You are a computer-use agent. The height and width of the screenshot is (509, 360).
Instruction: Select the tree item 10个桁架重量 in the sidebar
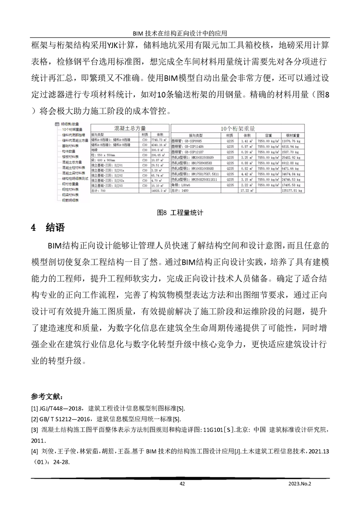pyautogui.click(x=71, y=129)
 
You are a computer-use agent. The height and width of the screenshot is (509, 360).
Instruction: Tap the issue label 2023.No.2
pyautogui.click(x=300, y=484)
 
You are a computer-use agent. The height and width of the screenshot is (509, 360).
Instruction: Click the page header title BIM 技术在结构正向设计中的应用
pyautogui.click(x=179, y=34)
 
